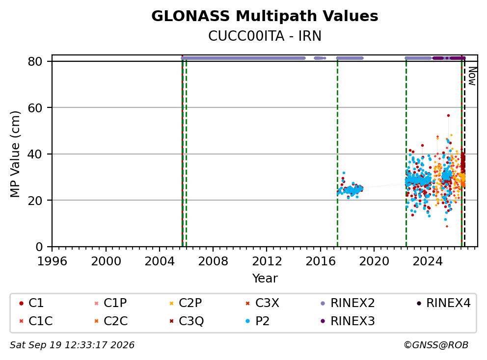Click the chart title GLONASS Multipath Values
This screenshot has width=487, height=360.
[265, 16]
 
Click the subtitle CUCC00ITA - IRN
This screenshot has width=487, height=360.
[265, 36]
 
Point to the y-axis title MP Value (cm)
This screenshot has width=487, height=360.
[15, 154]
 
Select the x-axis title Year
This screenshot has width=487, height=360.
[265, 279]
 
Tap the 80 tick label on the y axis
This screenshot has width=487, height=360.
[35, 61]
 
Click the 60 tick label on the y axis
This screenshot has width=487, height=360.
[35, 108]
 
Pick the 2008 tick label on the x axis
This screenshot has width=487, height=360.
[213, 261]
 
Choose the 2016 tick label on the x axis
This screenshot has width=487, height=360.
[320, 261]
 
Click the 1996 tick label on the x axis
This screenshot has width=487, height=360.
[52, 261]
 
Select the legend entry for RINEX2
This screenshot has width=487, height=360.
[348, 303]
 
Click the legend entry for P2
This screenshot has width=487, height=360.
[257, 321]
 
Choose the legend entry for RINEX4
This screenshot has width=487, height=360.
[443, 303]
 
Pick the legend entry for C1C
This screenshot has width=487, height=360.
[36, 321]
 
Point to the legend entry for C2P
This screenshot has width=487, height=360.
[186, 303]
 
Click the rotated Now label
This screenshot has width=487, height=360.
[472, 76]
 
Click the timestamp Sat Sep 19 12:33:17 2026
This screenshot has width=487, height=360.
[72, 345]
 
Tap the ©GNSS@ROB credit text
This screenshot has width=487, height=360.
[436, 345]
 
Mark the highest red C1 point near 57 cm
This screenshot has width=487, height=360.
[448, 115]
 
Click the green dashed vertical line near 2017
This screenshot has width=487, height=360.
[338, 154]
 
